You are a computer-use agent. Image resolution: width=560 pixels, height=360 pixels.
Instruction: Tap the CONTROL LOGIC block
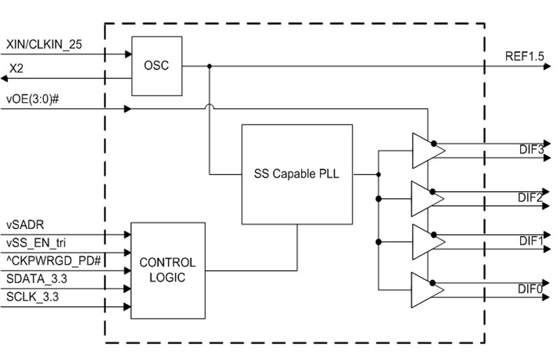[168, 270]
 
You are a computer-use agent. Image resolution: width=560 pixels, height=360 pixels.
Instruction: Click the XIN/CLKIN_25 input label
[44, 44]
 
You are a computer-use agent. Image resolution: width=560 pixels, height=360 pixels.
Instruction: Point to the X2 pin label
[16, 69]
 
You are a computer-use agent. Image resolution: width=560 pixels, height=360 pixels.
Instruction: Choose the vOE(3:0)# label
[31, 98]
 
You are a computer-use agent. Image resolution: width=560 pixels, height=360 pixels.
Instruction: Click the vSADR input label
[26, 226]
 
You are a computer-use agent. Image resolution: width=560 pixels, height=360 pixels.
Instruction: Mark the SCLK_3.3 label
[32, 297]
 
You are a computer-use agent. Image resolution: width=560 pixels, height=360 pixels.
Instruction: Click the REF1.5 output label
[524, 57]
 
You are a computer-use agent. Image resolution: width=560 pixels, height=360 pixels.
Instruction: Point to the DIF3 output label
[531, 149]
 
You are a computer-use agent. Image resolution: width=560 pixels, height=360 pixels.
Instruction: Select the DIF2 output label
[531, 198]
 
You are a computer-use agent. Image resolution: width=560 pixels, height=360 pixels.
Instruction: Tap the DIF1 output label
[531, 241]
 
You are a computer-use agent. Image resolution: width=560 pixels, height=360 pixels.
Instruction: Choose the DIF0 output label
[531, 289]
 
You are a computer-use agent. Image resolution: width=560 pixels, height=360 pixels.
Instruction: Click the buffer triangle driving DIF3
[424, 150]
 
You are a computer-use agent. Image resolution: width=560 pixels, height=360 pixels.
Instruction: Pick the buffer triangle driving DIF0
[424, 289]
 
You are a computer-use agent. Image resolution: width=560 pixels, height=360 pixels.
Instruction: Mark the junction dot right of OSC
[209, 67]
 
